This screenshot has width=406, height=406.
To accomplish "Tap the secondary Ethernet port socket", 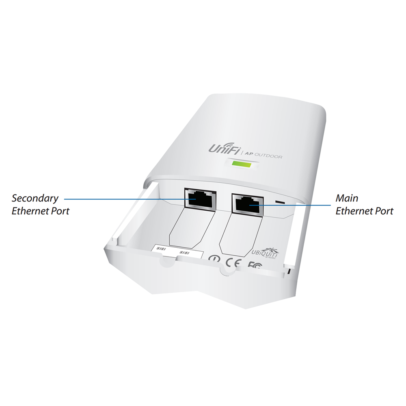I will coord(199,199).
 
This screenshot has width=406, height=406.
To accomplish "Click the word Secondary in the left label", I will coord(35,199).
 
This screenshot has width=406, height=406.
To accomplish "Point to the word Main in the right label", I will coord(347,199).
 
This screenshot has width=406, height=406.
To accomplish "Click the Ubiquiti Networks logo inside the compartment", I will coord(266,253).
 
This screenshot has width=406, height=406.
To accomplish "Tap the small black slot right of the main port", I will coord(279,201).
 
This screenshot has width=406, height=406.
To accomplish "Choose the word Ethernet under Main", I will coord(353,211).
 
